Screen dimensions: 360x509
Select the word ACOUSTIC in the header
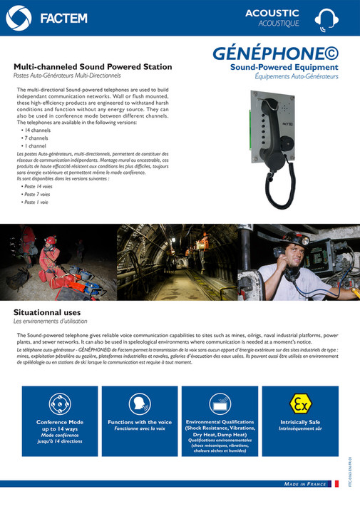pos(272,13)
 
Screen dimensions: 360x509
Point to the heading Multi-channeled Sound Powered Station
pos(93,66)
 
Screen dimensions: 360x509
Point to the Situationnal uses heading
pos(47,312)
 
